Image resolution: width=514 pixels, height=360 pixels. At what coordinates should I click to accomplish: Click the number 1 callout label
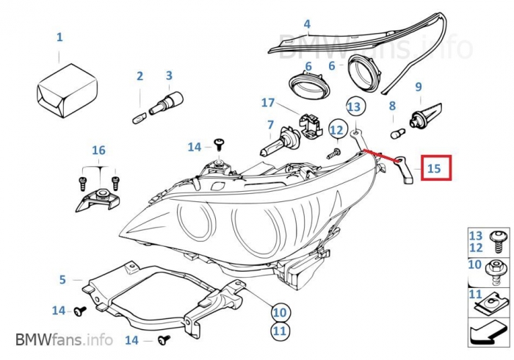pyautogui.click(x=59, y=37)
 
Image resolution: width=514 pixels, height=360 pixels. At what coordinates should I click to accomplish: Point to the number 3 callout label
pyautogui.click(x=169, y=75)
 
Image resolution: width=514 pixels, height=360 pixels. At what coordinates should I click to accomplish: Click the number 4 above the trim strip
pyautogui.click(x=307, y=24)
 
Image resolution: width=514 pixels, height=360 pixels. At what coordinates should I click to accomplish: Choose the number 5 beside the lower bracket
pyautogui.click(x=62, y=279)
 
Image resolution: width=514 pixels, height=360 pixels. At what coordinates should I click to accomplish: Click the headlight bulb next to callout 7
pyautogui.click(x=279, y=141)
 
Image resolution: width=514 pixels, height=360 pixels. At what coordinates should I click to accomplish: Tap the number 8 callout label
pyautogui.click(x=392, y=106)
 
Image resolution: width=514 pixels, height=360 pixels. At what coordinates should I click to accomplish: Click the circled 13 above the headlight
pyautogui.click(x=355, y=107)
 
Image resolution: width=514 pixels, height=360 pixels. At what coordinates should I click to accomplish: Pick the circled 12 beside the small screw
pyautogui.click(x=336, y=131)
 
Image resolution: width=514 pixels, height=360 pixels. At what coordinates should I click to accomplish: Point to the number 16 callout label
pyautogui.click(x=98, y=151)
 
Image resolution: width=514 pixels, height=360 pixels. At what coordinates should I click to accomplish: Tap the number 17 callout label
pyautogui.click(x=267, y=103)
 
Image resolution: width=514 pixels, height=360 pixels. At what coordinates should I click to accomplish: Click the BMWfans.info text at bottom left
pyautogui.click(x=64, y=339)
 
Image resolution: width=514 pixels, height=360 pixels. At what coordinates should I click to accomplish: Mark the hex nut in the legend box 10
pyautogui.click(x=494, y=267)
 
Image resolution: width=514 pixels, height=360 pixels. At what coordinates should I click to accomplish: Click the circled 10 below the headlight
pyautogui.click(x=279, y=312)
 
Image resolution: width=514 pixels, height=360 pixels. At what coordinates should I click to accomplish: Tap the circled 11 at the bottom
pyautogui.click(x=279, y=331)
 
